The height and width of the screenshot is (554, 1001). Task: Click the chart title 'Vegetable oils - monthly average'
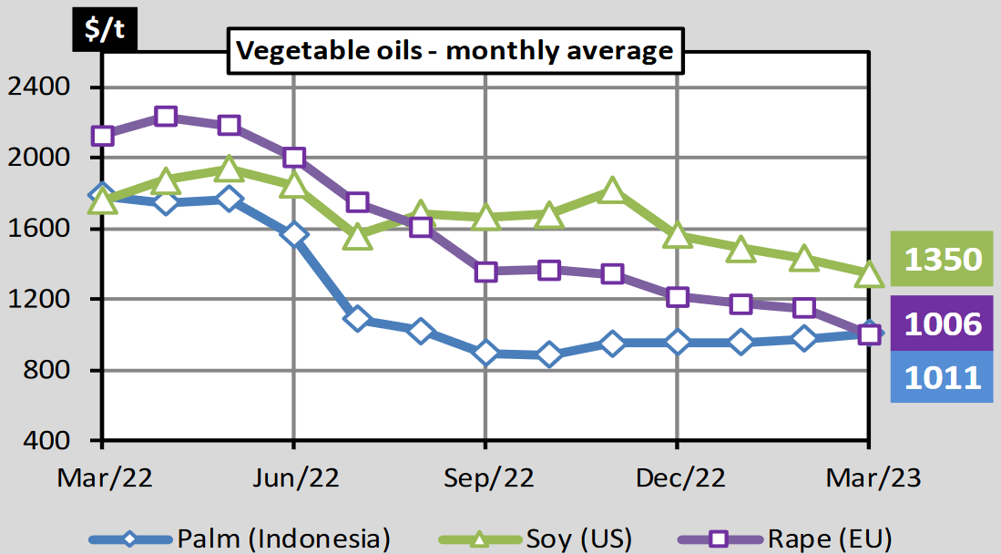(454, 50)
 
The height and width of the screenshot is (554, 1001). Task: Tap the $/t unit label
(107, 31)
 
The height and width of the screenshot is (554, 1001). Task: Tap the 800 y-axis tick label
(51, 370)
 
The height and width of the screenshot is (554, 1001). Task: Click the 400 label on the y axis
(51, 440)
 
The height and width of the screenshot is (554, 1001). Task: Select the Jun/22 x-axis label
(293, 478)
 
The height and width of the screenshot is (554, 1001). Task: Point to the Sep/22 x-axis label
(485, 478)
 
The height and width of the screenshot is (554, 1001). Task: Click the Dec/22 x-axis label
(678, 478)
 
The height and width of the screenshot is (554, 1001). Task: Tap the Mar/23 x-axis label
(869, 478)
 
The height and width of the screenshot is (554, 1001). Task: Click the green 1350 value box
(941, 260)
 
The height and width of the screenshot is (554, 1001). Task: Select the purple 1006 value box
(941, 324)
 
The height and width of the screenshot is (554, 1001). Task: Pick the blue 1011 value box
(941, 377)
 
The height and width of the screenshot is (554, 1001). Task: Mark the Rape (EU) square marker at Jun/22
(293, 157)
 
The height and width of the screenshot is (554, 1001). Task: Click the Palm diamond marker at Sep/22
(485, 353)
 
